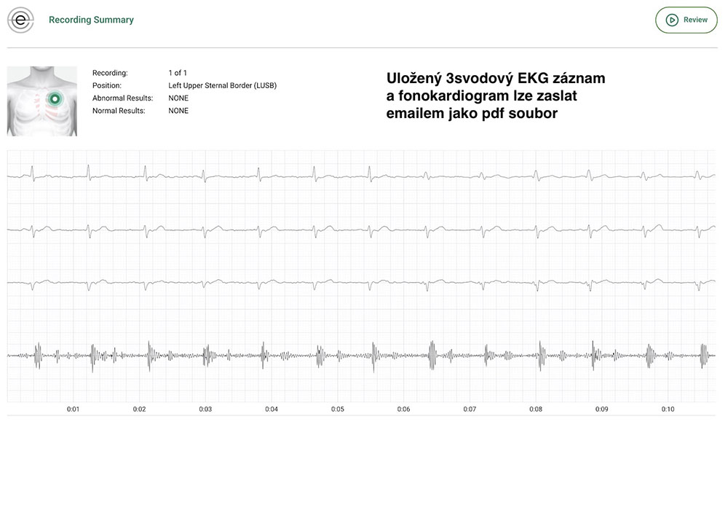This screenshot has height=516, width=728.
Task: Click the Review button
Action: pos(687,20)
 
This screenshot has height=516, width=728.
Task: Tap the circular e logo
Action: pos(20,20)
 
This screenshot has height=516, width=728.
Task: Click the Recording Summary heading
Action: pos(91,20)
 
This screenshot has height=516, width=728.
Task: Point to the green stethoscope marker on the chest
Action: pos(54,98)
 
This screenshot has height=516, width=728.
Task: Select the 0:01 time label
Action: pos(73,410)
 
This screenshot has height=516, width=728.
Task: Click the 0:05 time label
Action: pos(338,410)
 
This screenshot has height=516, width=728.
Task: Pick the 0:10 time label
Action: pos(668,410)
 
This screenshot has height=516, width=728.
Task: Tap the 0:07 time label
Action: pos(470,410)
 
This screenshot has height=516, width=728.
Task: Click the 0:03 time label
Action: pos(205,410)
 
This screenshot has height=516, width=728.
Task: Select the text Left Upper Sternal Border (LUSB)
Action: pos(222,85)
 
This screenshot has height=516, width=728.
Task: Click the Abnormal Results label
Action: pos(122,98)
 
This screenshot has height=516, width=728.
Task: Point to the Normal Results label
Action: pos(119,111)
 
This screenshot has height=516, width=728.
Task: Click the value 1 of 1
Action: pos(178,73)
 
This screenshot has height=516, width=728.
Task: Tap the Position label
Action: pos(106,85)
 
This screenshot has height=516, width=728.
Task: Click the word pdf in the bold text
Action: pos(495,114)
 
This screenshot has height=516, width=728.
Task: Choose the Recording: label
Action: pos(110,73)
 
